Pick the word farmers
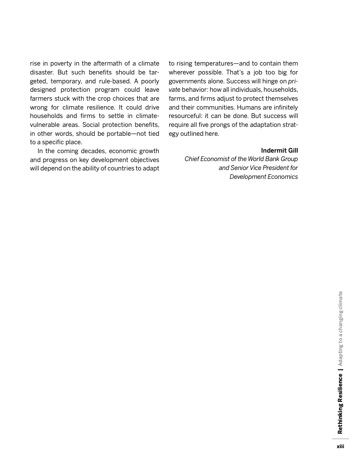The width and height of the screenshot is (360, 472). [42, 98]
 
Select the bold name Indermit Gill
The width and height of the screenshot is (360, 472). [279, 150]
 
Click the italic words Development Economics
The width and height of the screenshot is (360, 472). [263, 177]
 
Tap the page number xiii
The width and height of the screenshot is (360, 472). [341, 446]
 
